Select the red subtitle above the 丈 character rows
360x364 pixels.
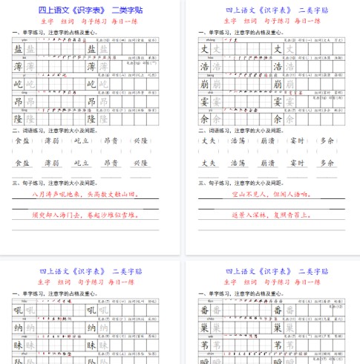[277, 22]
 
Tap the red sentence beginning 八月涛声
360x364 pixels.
[85, 195]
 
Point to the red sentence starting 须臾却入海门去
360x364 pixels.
[85, 214]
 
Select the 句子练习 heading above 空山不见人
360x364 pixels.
[236, 181]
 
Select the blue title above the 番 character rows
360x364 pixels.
[276, 273]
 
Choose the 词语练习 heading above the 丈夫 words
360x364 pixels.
[236, 129]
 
